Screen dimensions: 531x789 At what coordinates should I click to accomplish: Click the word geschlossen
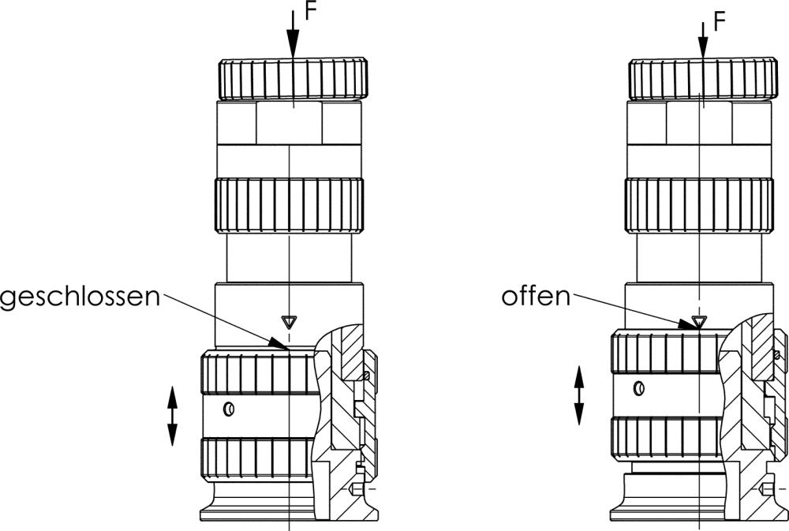80,297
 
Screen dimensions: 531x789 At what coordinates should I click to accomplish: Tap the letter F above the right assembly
719,21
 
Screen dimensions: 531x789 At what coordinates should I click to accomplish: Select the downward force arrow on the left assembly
293,36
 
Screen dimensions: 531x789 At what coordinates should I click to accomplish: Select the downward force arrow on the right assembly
701,36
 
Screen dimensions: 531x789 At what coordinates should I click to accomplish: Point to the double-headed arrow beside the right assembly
578,395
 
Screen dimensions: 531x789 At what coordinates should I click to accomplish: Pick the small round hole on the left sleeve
228,409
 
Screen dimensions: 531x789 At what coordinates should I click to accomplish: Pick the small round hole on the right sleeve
638,387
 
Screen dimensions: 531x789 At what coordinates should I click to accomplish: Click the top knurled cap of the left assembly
292,79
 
